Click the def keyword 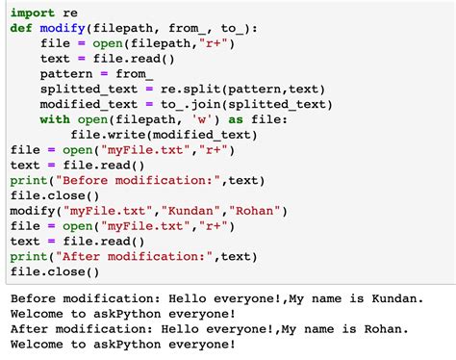tap(21, 29)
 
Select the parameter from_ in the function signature tap(193, 29)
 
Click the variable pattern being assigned tap(66, 74)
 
